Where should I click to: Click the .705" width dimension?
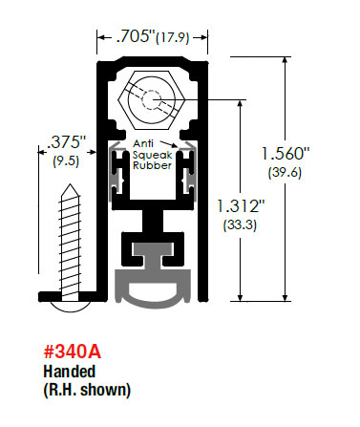click(x=136, y=36)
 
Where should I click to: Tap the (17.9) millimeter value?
click(x=173, y=38)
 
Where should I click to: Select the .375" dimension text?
click(x=67, y=141)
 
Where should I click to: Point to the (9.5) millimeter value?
click(x=66, y=160)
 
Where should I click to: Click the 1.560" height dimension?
click(x=286, y=154)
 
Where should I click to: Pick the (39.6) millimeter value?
click(x=285, y=173)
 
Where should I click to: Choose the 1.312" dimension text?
click(x=241, y=205)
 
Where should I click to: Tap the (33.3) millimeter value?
click(x=240, y=225)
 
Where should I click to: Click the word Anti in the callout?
click(x=143, y=143)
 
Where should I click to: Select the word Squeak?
click(x=153, y=155)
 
